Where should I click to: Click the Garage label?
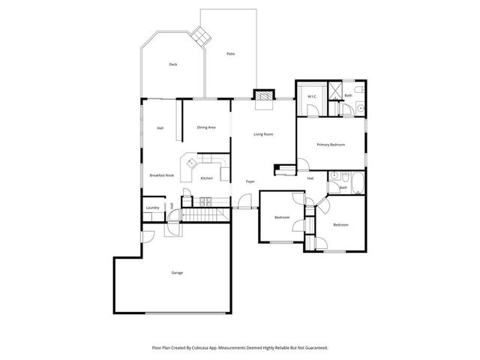coord(177,272)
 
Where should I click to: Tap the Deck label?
coord(173,64)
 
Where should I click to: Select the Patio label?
coord(231,54)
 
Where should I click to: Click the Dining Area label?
coord(206,127)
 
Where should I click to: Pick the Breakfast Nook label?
coord(161,175)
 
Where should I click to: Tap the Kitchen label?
coord(206,178)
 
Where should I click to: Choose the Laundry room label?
coord(153,208)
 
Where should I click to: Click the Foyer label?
coord(250,182)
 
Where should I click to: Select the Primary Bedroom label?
coord(330,144)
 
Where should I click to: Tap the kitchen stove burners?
coord(206,201)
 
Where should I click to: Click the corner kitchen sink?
coord(191,161)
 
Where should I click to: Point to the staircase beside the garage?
coord(204,216)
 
